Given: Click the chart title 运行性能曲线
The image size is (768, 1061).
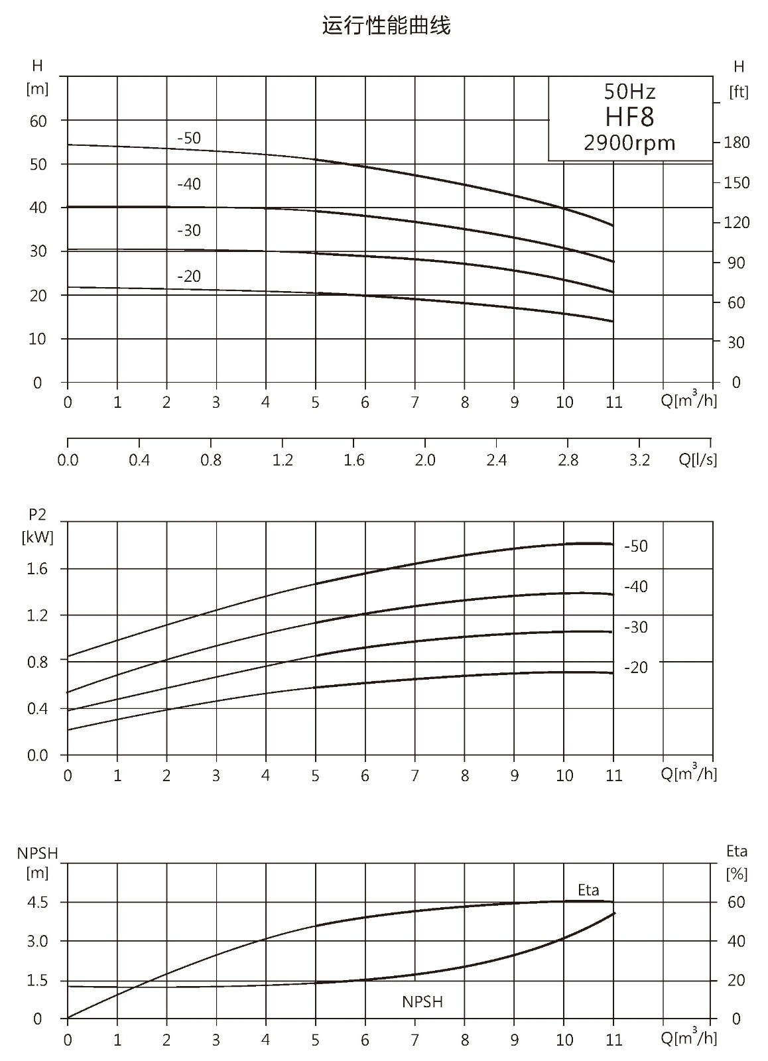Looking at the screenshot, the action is point(386,26).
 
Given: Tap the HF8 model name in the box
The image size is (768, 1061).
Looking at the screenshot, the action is point(629,117).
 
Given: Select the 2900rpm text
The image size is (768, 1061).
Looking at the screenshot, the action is point(629,143).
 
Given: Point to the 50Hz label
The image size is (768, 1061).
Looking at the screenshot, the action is point(629,92).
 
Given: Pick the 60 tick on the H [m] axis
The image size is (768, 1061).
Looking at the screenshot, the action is point(38,121).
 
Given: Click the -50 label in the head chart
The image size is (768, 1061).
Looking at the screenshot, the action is point(189,138).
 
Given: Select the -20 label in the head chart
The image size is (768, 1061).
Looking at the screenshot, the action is point(189,276).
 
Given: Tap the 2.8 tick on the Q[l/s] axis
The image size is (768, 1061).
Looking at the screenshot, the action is point(568,460).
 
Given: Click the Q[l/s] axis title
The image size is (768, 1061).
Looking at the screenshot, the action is point(698,460).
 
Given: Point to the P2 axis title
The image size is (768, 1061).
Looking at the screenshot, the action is point(37,514).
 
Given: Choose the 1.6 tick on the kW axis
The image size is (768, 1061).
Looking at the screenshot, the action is point(37,569).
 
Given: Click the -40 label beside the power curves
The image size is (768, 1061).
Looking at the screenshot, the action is point(636,587).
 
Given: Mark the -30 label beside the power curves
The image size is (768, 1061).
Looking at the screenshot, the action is point(636,627).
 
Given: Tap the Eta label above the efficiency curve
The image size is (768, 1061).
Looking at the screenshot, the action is point(588,890).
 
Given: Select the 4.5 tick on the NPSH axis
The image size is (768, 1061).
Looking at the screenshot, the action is point(37,903).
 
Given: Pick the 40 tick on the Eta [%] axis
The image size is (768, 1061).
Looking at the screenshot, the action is point(736,941).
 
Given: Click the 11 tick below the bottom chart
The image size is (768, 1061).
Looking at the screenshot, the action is point(613,1040).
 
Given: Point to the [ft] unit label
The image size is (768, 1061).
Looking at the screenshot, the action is point(739,92).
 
